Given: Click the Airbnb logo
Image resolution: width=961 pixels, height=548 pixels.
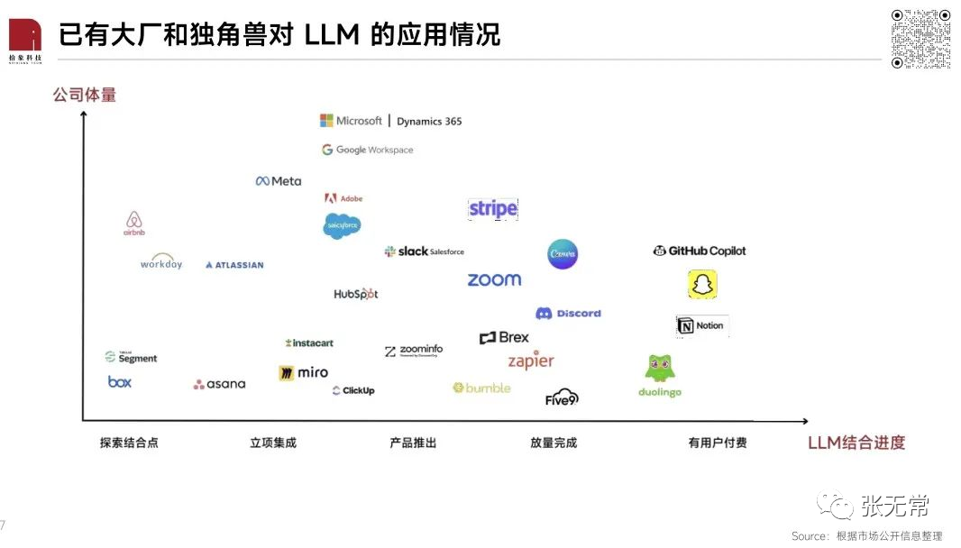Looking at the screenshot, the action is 134,223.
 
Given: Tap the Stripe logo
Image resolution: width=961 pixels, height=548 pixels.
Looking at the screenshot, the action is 493,209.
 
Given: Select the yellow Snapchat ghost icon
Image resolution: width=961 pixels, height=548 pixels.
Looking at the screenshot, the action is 702,285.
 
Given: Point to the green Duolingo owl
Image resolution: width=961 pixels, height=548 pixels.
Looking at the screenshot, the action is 660,368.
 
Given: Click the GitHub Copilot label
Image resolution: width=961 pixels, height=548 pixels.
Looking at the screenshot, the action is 700,251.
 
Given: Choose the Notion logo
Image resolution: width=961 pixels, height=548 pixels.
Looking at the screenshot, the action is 701,325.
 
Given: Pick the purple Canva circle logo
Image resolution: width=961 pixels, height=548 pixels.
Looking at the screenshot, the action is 563,254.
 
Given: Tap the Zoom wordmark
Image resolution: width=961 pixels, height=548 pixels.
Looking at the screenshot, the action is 494,280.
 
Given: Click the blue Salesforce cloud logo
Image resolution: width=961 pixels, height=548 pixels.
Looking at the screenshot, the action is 342,225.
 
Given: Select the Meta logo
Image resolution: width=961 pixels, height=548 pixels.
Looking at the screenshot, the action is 279,181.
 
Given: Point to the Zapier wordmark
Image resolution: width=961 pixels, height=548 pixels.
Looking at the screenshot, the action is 531,361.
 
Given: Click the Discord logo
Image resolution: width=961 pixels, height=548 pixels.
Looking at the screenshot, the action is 568,314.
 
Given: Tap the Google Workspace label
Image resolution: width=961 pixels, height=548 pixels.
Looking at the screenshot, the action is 367,150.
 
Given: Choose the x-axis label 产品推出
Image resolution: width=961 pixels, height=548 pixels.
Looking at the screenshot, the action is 413,443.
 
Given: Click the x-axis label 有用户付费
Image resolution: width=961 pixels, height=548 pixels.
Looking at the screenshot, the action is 717,443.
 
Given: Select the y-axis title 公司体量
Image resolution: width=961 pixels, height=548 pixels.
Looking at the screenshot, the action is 85,95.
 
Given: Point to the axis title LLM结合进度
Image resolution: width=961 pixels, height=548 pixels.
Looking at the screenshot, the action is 856,443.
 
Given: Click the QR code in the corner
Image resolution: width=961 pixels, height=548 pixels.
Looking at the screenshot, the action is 920,39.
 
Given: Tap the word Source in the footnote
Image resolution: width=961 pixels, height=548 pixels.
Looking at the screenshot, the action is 807,536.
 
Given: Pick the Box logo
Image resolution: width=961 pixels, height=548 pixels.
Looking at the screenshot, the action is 120,382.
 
